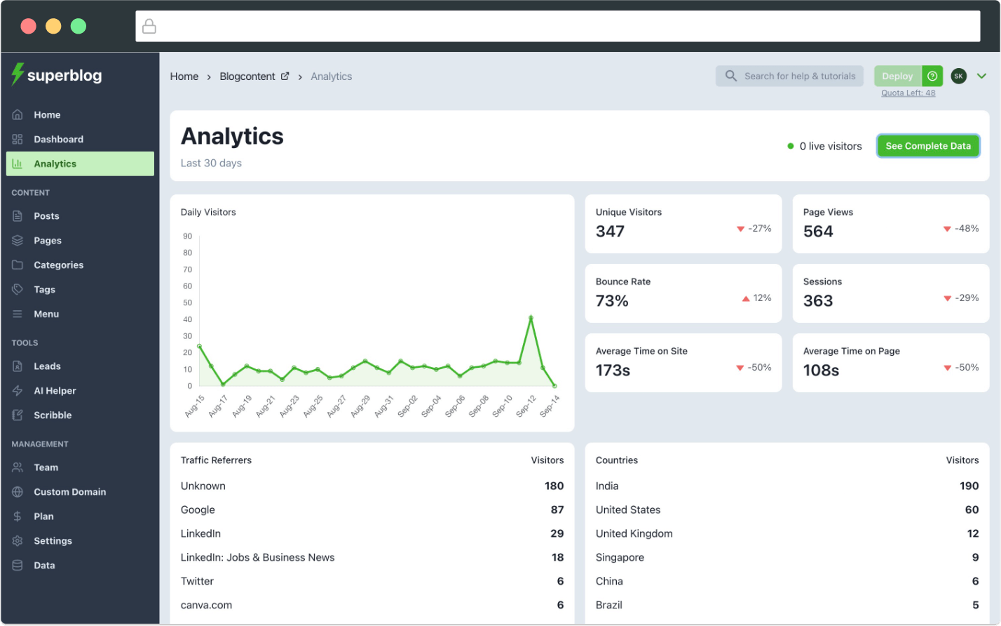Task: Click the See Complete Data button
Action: point(927,146)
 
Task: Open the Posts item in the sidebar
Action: point(46,216)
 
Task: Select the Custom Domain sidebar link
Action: point(69,492)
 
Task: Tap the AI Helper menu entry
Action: point(55,391)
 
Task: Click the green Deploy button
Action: point(897,76)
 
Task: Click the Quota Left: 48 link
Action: point(908,93)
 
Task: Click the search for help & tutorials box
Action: point(791,76)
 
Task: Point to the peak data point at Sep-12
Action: point(531,318)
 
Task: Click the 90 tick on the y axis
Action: point(187,236)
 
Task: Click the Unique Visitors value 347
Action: point(610,232)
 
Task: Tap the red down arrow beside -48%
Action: point(947,229)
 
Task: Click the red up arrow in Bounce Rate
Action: point(746,298)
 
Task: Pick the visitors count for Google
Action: point(557,510)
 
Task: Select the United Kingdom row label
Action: point(634,533)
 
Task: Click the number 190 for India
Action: point(969,486)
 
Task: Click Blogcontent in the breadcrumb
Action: point(247,76)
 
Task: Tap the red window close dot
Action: point(28,26)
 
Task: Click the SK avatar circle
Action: point(958,76)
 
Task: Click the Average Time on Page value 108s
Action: point(821,370)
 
